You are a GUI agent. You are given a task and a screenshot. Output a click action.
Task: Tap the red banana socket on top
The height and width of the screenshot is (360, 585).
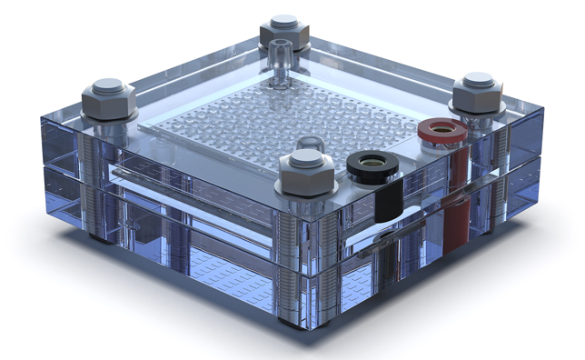[441, 131]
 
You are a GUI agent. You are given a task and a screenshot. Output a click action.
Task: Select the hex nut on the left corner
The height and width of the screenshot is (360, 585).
[109, 95]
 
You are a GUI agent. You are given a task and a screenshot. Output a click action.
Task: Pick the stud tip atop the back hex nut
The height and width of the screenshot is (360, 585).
[283, 20]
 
